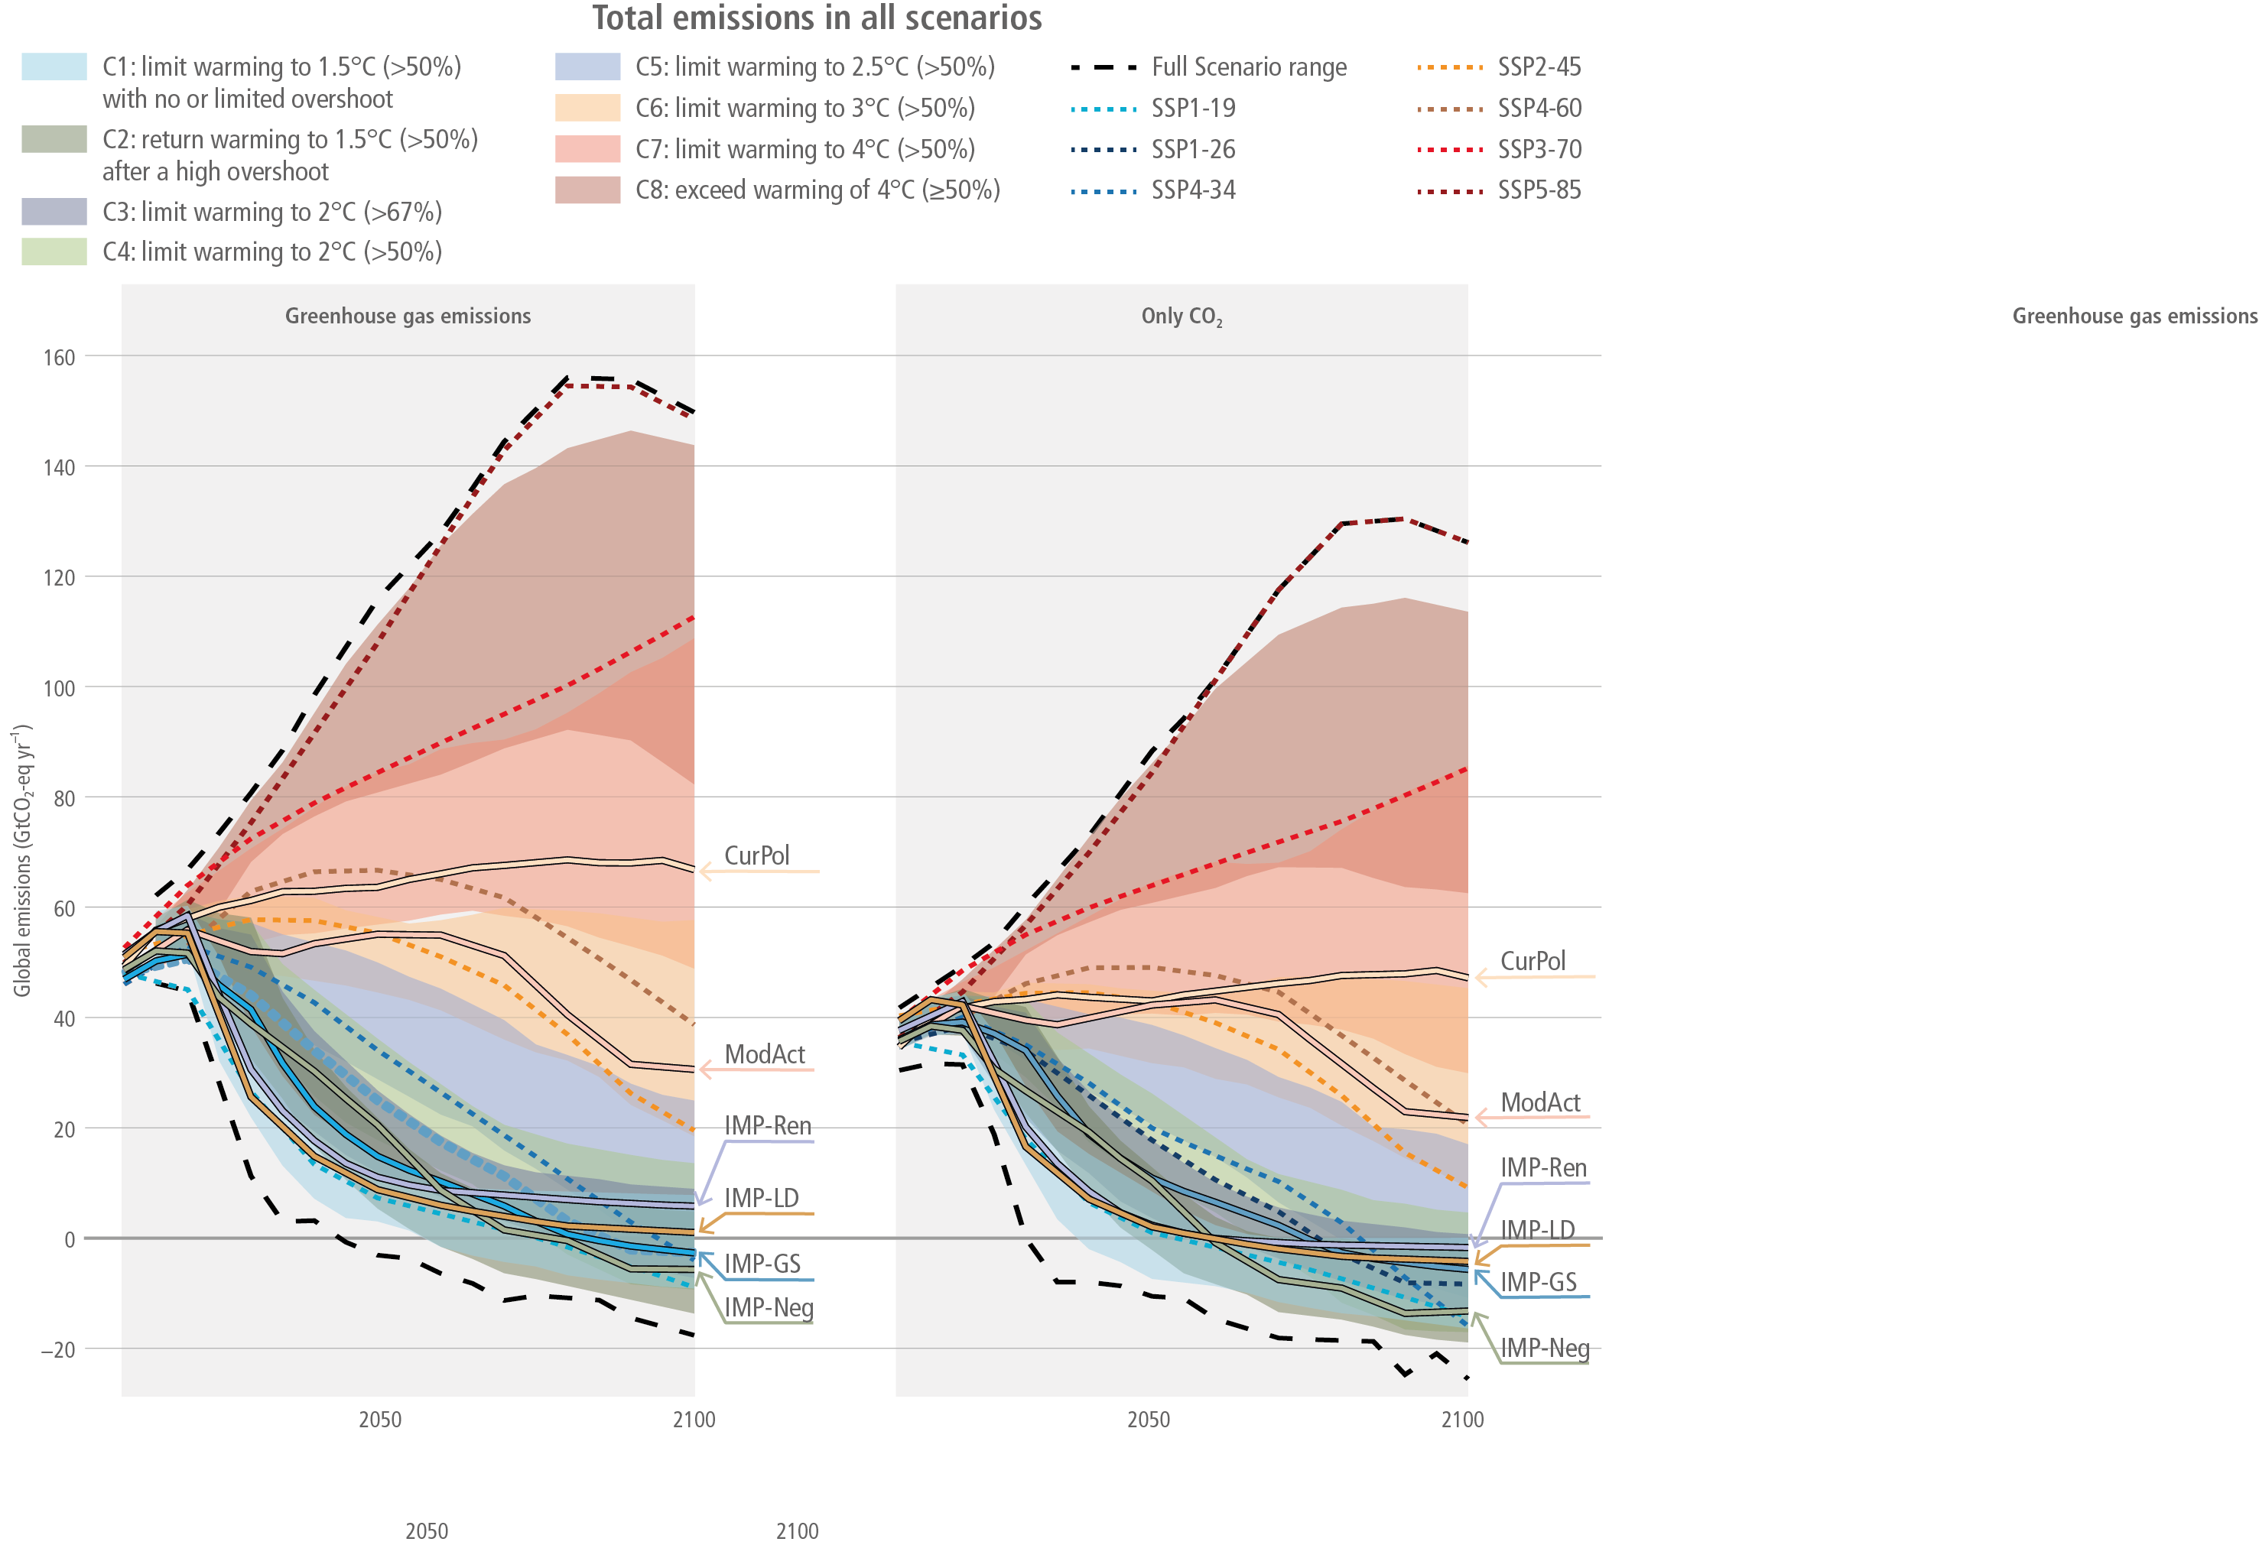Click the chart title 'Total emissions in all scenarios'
(x=817, y=18)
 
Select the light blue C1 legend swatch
(x=54, y=66)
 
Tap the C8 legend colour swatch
(x=587, y=190)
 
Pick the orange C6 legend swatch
(x=587, y=108)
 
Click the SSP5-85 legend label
(x=1539, y=190)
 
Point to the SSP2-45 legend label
(x=1539, y=67)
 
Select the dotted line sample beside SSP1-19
(x=1103, y=109)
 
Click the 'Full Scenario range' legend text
(x=1249, y=67)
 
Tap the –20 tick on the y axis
(x=57, y=1350)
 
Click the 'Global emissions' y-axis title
(x=22, y=860)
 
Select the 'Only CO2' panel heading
(x=1181, y=316)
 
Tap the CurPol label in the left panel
(x=756, y=856)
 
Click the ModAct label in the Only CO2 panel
(x=1539, y=1103)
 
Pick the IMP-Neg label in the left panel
(x=768, y=1308)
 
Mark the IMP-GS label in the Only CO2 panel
(x=1538, y=1283)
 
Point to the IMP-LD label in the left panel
(x=761, y=1198)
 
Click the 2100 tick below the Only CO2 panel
(x=1462, y=1420)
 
